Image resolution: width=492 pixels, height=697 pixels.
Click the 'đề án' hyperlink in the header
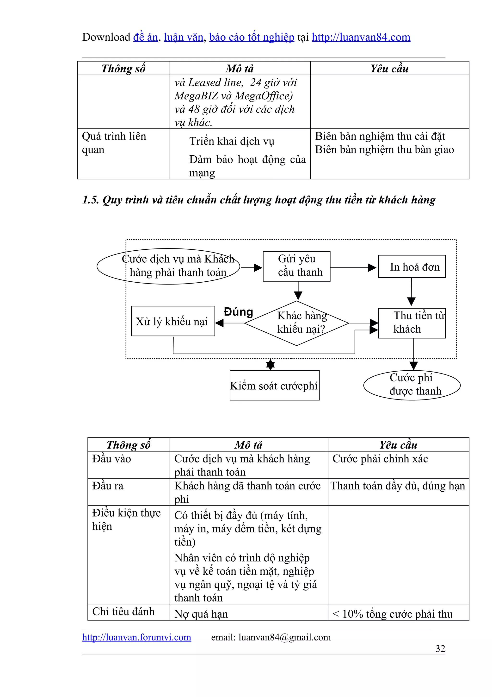(x=146, y=37)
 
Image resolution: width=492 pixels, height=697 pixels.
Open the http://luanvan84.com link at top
(x=361, y=37)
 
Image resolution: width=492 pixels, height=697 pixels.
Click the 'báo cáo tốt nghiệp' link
(x=252, y=37)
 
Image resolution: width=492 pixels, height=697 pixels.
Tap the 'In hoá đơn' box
(x=412, y=266)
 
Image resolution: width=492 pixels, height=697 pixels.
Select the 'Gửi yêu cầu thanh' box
(x=296, y=266)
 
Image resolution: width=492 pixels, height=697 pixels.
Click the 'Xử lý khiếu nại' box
(x=173, y=321)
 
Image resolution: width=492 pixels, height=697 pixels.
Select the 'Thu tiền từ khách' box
(x=412, y=323)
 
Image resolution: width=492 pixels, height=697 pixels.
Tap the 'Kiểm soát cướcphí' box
(x=274, y=385)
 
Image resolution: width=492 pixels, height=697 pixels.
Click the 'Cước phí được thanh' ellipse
(x=412, y=385)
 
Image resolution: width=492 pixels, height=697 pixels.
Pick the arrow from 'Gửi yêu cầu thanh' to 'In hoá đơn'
(x=353, y=268)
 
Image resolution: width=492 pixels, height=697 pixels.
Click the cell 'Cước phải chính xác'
(x=380, y=459)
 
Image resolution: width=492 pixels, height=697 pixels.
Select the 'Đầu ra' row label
(x=108, y=486)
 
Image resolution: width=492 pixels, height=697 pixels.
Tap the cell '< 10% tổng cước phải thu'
(x=392, y=614)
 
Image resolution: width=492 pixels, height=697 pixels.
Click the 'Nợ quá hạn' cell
(x=201, y=614)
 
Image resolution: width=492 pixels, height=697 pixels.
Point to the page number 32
(x=440, y=649)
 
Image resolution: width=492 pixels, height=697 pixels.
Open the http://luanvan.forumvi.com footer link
(x=136, y=637)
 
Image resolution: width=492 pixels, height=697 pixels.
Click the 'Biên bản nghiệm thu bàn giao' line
(x=384, y=150)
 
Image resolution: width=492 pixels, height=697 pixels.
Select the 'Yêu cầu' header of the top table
(x=389, y=69)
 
